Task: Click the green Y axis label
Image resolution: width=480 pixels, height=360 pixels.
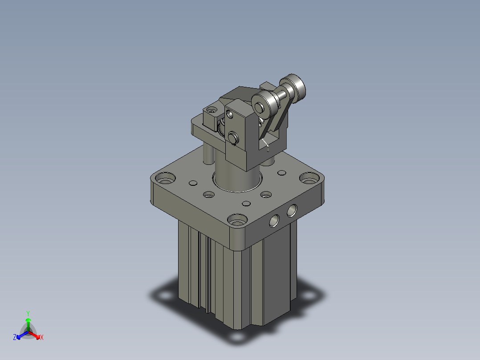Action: point(28,313)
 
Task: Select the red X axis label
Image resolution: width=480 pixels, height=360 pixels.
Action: point(41,338)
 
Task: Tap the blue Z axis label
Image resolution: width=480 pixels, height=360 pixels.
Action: point(15,338)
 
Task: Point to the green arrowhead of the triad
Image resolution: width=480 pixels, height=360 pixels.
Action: point(28,320)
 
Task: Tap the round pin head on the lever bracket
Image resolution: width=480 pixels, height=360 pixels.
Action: point(232,137)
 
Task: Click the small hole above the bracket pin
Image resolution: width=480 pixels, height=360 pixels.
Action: point(230,114)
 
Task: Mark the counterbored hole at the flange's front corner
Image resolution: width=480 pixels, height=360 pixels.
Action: point(236,220)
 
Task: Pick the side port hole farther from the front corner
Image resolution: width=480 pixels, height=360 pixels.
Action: point(292,210)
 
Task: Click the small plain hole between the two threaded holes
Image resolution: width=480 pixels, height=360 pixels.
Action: point(246,204)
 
